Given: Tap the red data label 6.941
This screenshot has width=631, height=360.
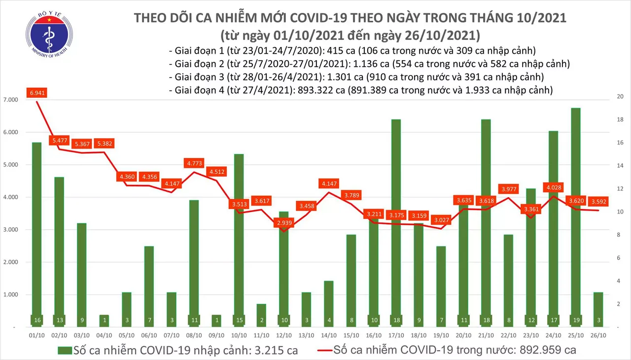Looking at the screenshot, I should pos(37,93).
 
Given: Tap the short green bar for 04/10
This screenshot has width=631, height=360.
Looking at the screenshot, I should pos(105,320).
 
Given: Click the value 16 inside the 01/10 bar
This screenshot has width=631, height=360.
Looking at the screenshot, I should pos(37,321).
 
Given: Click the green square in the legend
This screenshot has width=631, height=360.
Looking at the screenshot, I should pos(64,351).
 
